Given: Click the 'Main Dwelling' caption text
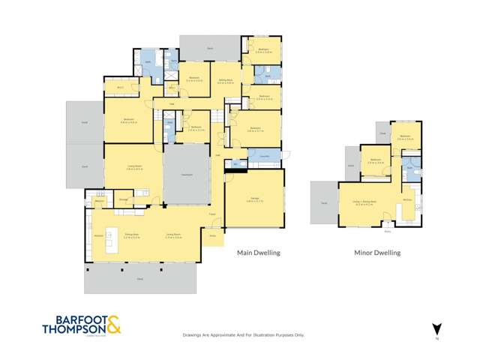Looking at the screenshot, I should pos(258,253).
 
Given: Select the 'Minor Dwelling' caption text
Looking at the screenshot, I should pos(377,253).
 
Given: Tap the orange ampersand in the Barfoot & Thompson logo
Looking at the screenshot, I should pos(114,325).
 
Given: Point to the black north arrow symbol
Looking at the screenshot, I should pos(435,328).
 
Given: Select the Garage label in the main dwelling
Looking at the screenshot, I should pos(254,199).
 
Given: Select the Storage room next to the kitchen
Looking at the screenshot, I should pos(124,199).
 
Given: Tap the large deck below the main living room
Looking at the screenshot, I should pos(141,279).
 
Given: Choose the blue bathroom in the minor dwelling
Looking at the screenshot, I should pos(409,166).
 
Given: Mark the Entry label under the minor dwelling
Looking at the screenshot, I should pos(388,230).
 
